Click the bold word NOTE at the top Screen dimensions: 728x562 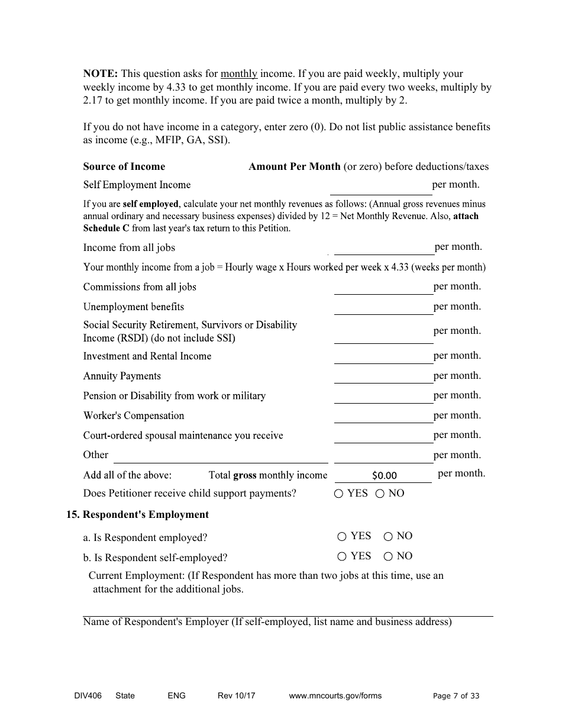(x=101, y=74)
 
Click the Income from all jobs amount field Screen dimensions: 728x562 (x=383, y=247)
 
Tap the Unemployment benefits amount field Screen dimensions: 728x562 (x=383, y=307)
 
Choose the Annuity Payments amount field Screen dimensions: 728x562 (x=383, y=376)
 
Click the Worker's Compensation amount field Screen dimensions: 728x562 (x=383, y=415)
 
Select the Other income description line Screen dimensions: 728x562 (x=220, y=455)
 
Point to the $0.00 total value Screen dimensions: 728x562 (x=385, y=475)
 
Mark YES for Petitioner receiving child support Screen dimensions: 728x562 (x=339, y=494)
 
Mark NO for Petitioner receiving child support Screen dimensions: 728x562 (x=380, y=494)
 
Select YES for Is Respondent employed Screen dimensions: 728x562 (x=342, y=537)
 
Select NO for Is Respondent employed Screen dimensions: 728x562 (x=388, y=537)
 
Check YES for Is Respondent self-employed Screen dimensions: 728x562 (x=342, y=556)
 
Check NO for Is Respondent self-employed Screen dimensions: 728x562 (x=388, y=556)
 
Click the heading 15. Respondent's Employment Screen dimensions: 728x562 (x=137, y=515)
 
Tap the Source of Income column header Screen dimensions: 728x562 (x=124, y=167)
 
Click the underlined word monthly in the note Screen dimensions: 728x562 (x=238, y=74)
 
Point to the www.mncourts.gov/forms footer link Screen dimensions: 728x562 (x=335, y=696)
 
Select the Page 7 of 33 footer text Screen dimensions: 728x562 (x=456, y=696)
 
